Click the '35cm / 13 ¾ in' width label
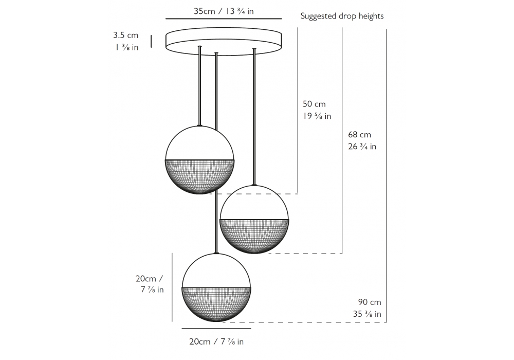(224, 11)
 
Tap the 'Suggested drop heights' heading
(342, 16)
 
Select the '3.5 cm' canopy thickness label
(126, 35)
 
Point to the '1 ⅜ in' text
(126, 47)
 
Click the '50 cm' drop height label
(314, 104)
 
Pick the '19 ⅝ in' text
(317, 116)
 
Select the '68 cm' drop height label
(359, 135)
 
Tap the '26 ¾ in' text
(362, 147)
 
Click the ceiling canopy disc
(224, 41)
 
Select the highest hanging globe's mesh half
(199, 175)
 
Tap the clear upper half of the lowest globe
(216, 272)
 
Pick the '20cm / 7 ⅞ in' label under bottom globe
(216, 341)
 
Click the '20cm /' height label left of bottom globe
(149, 278)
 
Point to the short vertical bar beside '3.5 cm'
(151, 41)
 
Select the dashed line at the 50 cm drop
(257, 194)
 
